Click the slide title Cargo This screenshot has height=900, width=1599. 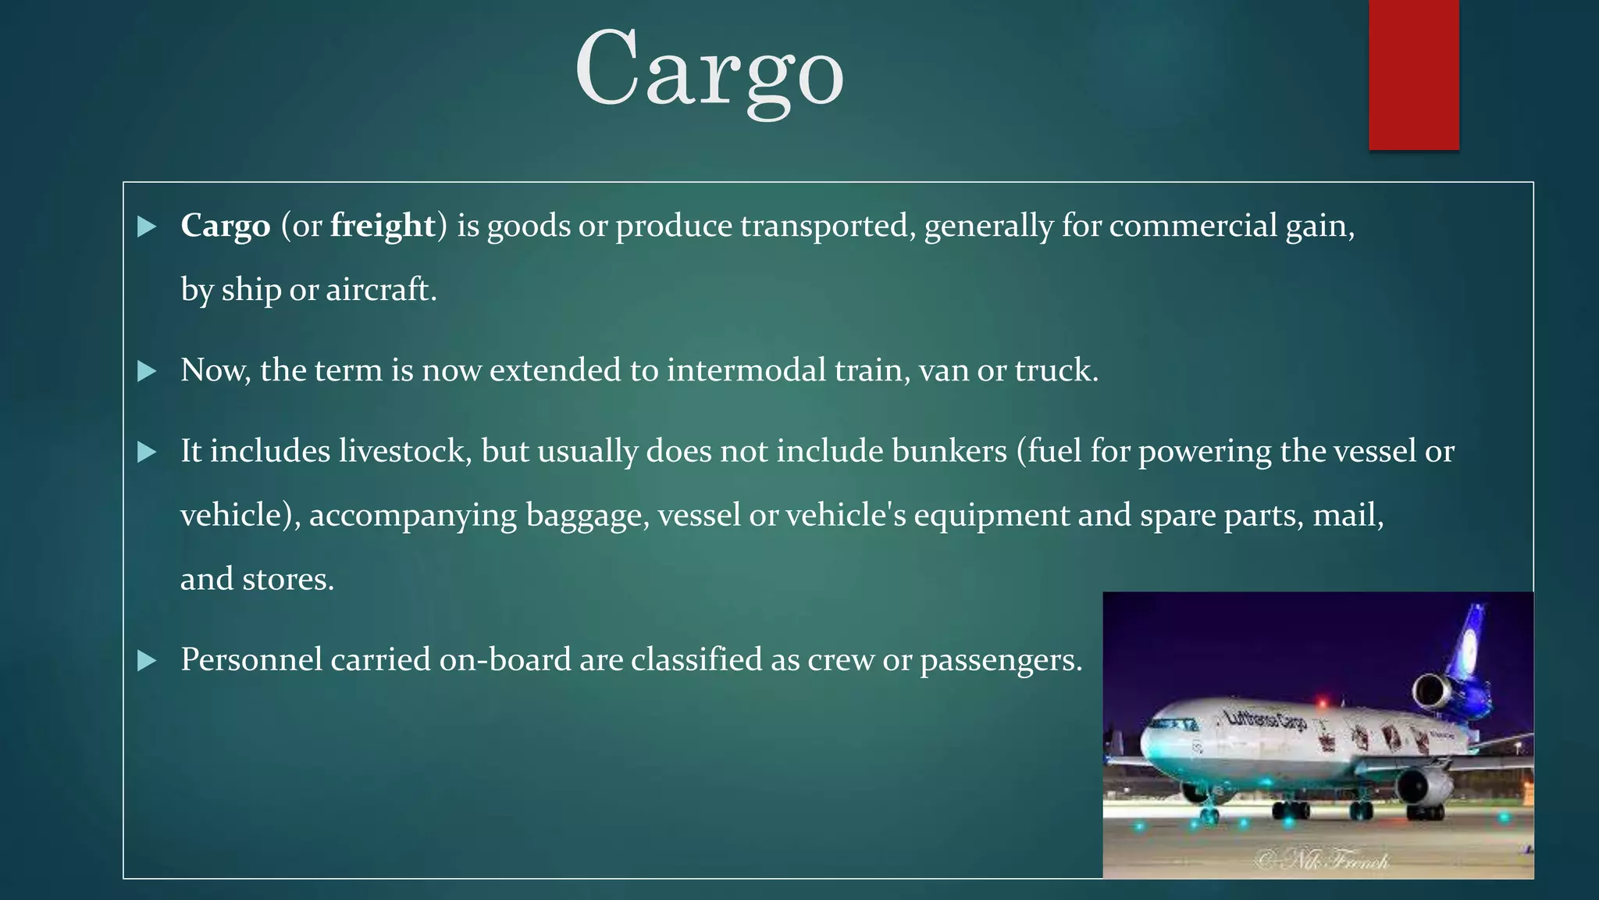709,70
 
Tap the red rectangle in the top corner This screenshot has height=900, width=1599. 1413,74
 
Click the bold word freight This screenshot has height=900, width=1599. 383,226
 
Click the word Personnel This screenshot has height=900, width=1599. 251,660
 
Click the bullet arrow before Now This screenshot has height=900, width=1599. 147,371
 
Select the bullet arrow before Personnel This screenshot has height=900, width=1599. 147,661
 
